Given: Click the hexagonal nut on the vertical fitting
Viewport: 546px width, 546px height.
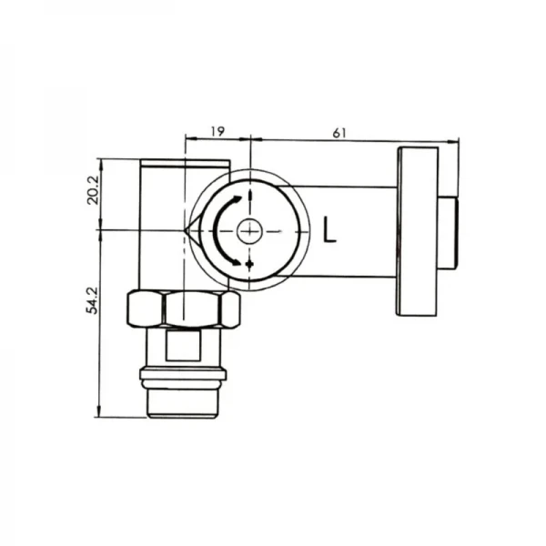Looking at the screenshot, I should (182, 309).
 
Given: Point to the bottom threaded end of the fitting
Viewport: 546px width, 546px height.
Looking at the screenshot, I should (182, 400).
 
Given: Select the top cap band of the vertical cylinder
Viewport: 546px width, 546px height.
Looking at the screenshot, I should (185, 164).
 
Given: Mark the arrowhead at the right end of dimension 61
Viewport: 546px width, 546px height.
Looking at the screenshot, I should (455, 139).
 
